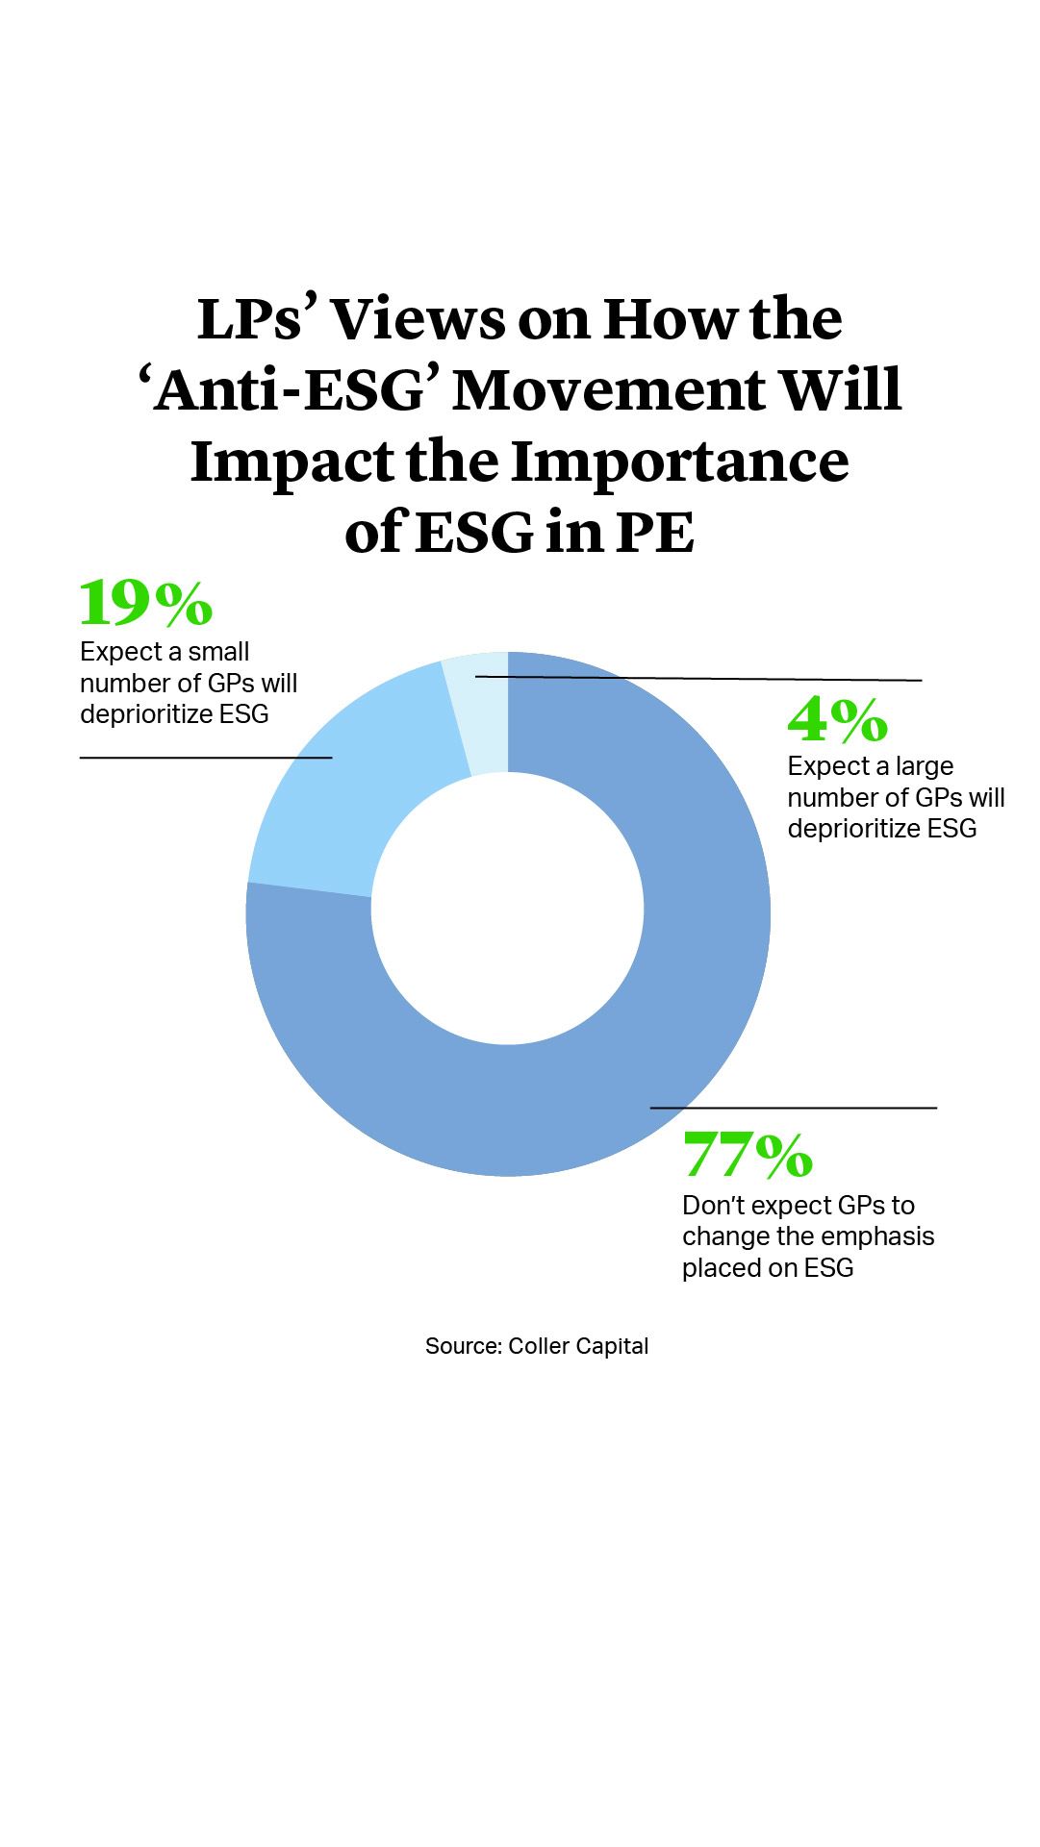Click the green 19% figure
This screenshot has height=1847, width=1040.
(145, 603)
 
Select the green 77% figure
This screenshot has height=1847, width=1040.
(748, 1155)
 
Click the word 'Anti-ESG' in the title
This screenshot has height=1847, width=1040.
(289, 390)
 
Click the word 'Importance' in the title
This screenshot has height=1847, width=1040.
(679, 462)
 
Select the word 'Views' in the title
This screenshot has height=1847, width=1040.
(418, 320)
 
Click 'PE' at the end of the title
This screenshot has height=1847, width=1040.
(654, 534)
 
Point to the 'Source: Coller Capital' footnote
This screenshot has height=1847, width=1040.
(537, 1346)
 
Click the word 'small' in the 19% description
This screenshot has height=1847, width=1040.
(218, 652)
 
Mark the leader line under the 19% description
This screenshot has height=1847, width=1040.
(206, 758)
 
